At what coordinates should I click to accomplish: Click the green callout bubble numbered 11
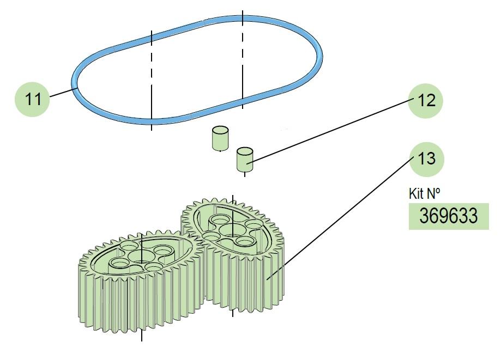(x=32, y=99)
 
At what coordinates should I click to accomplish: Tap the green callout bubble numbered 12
(x=426, y=101)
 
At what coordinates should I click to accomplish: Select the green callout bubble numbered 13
(x=426, y=159)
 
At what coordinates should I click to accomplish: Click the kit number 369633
(x=448, y=216)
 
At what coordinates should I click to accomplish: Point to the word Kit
(x=416, y=194)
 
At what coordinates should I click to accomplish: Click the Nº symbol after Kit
(x=433, y=193)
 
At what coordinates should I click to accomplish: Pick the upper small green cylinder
(x=220, y=138)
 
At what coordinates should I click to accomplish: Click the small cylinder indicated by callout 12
(x=245, y=159)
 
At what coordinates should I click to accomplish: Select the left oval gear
(x=141, y=282)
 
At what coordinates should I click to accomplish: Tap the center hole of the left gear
(x=141, y=255)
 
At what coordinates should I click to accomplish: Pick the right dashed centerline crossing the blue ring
(x=243, y=60)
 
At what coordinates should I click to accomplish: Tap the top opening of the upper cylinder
(x=220, y=130)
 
